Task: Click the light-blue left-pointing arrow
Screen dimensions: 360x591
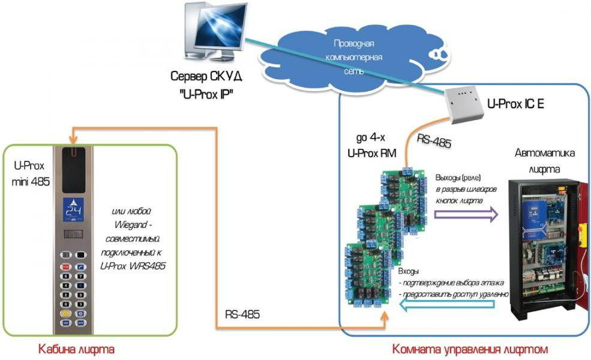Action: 447,307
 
